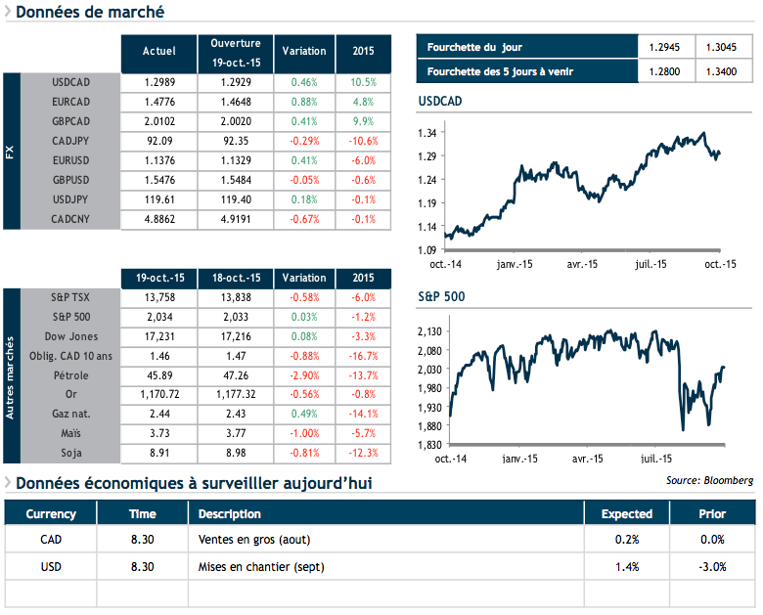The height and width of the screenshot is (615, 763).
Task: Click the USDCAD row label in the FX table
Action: (70, 82)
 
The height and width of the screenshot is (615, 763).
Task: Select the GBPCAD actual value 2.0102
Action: (159, 121)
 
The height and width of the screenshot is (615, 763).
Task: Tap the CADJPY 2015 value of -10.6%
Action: (362, 141)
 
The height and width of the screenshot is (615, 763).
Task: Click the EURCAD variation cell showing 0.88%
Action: (303, 102)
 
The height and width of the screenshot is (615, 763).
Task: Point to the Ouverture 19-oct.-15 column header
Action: (235, 52)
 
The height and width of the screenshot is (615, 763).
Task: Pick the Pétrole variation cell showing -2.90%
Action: (303, 374)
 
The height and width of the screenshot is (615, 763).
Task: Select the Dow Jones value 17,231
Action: (159, 335)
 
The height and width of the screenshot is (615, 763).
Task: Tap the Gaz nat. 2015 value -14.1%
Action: (362, 413)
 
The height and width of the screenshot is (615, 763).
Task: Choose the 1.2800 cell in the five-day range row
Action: (664, 71)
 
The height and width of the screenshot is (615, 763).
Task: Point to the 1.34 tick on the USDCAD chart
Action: (426, 133)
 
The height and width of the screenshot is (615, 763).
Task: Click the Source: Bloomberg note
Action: (709, 480)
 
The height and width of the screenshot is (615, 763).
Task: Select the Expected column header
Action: (626, 513)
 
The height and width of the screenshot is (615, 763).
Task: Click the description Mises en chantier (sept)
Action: (261, 566)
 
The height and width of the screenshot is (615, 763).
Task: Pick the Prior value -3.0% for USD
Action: (712, 566)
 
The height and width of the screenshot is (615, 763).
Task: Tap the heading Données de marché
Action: (90, 13)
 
